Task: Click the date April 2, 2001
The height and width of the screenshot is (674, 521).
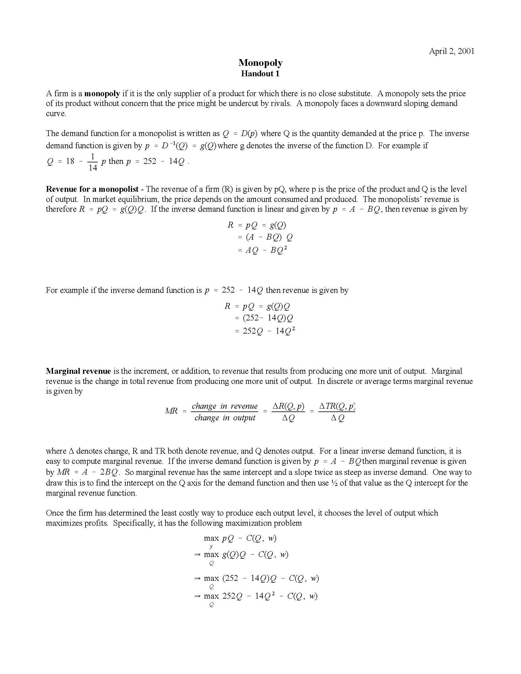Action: pos(451,51)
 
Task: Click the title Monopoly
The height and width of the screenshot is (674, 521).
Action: pos(260,62)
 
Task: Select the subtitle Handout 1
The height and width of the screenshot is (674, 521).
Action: pos(260,74)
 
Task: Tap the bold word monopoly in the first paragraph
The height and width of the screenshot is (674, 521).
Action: pos(102,93)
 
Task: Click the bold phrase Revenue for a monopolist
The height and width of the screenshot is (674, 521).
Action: pos(92,189)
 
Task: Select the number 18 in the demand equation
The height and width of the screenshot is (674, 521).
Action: pos(70,161)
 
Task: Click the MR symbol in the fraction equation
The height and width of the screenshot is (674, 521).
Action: pos(171,411)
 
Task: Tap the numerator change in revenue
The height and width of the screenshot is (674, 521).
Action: pos(224,406)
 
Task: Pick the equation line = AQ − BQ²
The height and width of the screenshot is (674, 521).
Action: pos(262,250)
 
